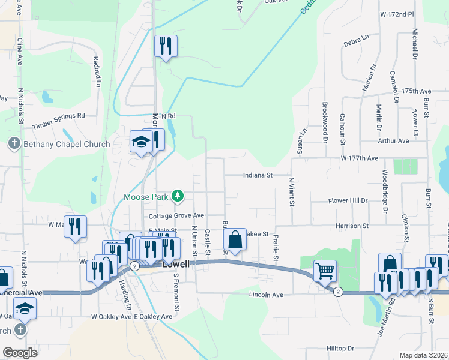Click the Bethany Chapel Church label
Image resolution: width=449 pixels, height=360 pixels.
(x=66, y=144)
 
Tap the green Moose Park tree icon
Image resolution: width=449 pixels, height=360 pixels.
(x=178, y=196)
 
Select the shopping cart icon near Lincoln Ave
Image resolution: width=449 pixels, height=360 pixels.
(x=325, y=271)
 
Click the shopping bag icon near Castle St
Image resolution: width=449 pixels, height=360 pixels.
(x=235, y=240)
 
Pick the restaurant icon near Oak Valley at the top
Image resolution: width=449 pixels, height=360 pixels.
(x=165, y=46)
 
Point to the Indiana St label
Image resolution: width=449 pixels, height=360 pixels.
(x=258, y=175)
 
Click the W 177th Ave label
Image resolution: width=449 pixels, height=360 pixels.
(x=359, y=158)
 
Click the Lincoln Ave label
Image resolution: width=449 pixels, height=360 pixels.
(x=267, y=295)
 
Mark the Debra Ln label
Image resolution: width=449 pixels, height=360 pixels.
(x=356, y=41)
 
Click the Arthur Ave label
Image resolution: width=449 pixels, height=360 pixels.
(x=393, y=140)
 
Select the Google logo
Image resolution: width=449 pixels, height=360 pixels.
(x=19, y=353)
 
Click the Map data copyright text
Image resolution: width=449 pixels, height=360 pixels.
(x=424, y=355)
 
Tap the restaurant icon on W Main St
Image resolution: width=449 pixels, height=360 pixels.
(x=75, y=226)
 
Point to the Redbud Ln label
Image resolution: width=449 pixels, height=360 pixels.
(x=96, y=71)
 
